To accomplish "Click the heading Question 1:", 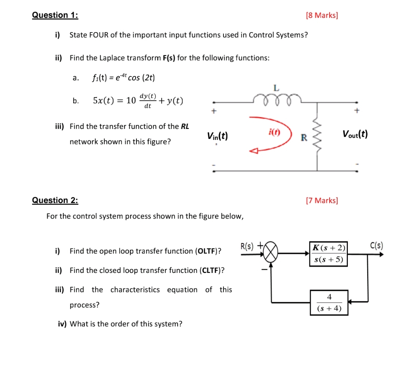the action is [x=55, y=15].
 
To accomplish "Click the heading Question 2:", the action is [x=55, y=200].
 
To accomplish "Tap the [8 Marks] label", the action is [x=321, y=15].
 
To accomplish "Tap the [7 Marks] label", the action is [x=321, y=200].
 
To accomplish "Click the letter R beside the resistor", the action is [x=303, y=137].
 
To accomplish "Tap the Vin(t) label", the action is [x=217, y=136].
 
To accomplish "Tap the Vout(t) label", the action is [x=355, y=134].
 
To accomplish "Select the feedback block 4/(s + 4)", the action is [x=328, y=302].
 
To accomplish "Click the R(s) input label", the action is [x=247, y=245].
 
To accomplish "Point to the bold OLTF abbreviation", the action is [x=208, y=251].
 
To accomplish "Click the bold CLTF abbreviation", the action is [x=210, y=270].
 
